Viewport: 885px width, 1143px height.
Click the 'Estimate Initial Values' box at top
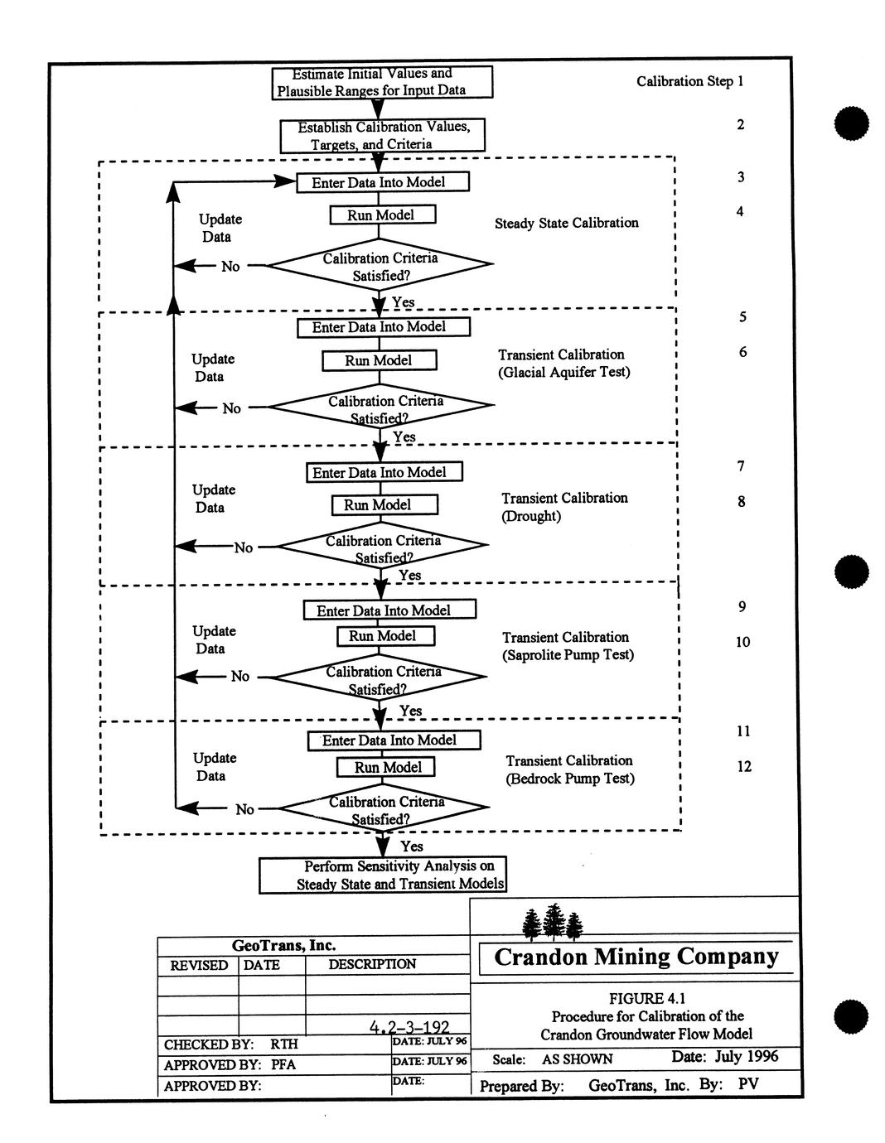[x=382, y=82]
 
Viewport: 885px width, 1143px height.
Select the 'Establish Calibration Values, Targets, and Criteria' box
[x=382, y=135]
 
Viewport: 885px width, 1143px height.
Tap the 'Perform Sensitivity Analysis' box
[x=382, y=875]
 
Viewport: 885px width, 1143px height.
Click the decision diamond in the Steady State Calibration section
[x=380, y=266]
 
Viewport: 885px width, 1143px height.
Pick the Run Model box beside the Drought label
[x=384, y=504]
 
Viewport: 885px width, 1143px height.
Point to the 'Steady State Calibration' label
[x=566, y=223]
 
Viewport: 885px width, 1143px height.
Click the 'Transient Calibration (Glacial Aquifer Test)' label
[x=563, y=363]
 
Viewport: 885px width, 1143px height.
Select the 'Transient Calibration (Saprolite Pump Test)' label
[x=568, y=646]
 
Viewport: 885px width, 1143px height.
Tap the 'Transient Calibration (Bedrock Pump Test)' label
[x=569, y=769]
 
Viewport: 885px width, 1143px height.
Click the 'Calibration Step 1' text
[x=689, y=81]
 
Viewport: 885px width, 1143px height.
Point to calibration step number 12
[x=743, y=766]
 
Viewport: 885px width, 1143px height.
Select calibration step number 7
[x=741, y=465]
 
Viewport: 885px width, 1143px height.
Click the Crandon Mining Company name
[x=636, y=957]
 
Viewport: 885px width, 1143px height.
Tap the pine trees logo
[x=553, y=921]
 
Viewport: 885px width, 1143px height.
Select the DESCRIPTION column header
[x=372, y=964]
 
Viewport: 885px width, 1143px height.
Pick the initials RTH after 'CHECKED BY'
[x=283, y=1044]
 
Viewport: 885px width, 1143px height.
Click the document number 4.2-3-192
[x=409, y=1027]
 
